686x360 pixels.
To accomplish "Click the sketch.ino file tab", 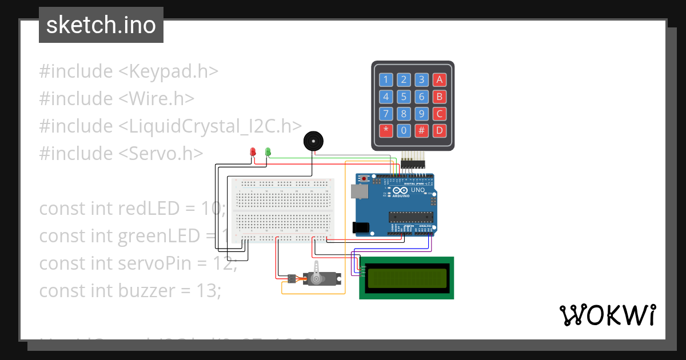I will [x=101, y=25].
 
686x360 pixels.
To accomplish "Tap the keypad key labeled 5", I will [x=404, y=97].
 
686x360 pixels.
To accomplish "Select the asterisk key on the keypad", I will [x=386, y=130].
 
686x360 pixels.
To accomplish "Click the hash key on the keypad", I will [x=421, y=130].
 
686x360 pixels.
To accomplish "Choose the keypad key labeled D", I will [x=439, y=130].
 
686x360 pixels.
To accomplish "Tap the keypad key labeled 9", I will [x=421, y=113].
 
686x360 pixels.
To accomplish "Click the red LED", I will [x=253, y=151].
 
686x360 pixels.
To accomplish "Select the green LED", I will [x=268, y=151].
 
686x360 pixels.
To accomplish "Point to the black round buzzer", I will [x=313, y=141].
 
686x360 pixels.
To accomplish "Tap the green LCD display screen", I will [x=406, y=278].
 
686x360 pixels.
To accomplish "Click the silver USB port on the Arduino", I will [x=360, y=191].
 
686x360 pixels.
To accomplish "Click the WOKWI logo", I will [x=607, y=315].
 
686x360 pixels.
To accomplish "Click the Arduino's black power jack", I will [x=360, y=227].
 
